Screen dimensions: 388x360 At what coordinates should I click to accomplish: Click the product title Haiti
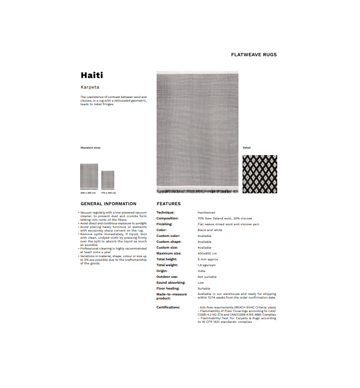[x=92, y=75]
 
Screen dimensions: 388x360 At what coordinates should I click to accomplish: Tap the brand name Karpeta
[x=90, y=87]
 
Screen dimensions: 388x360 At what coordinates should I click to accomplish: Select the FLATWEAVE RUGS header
[x=254, y=55]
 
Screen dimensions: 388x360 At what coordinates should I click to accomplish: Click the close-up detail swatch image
[x=260, y=174]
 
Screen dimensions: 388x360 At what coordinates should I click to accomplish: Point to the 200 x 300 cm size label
[x=88, y=193]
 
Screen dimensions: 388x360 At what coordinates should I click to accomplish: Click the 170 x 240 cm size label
[x=108, y=193]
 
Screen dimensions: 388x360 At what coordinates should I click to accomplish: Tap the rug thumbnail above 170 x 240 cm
[x=108, y=180]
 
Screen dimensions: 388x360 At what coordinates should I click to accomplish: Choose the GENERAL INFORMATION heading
[x=108, y=204]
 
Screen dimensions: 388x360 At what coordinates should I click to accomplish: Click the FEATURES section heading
[x=168, y=204]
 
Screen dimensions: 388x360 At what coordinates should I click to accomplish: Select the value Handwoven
[x=207, y=212]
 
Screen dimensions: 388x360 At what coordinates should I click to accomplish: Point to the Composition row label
[x=167, y=218]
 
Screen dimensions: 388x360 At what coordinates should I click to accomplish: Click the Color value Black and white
[x=210, y=230]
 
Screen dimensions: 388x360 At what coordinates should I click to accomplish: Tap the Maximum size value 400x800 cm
[x=207, y=253]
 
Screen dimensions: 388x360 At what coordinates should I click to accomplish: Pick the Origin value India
[x=201, y=271]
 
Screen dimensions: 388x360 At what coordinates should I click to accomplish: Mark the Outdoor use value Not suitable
[x=207, y=277]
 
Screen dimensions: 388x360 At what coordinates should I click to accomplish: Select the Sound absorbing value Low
[x=201, y=282]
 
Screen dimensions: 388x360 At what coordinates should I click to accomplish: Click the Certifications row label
[x=168, y=307]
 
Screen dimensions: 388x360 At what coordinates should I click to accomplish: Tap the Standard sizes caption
[x=90, y=147]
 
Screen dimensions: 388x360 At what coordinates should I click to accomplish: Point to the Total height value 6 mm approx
[x=208, y=259]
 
